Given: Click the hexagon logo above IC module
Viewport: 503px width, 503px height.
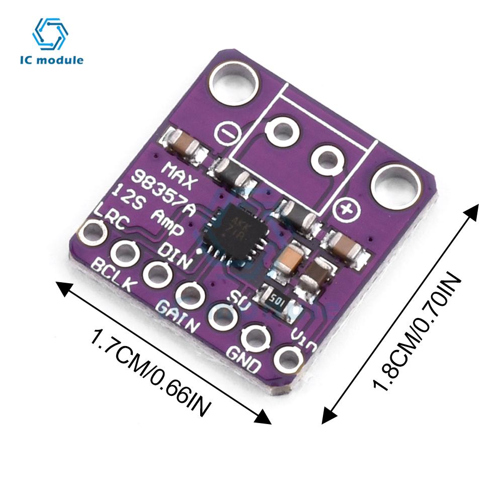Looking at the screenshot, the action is coord(50,35).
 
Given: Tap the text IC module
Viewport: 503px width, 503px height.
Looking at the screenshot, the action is coord(52,60).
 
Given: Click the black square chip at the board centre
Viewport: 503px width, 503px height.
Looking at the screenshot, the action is coord(233,232).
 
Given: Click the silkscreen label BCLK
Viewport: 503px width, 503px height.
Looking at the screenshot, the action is coord(114,275).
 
